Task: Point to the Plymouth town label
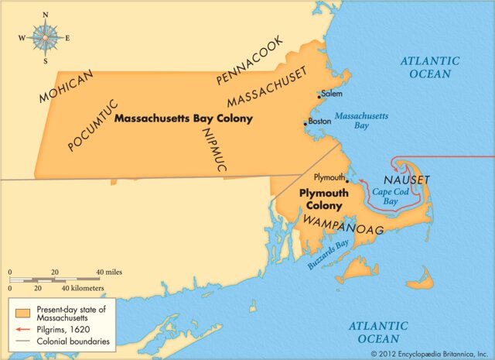[x=329, y=177]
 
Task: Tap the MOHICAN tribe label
[x=67, y=85]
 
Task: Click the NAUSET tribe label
[x=405, y=180]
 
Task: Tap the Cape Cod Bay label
[x=385, y=196]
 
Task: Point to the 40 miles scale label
[x=110, y=273]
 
